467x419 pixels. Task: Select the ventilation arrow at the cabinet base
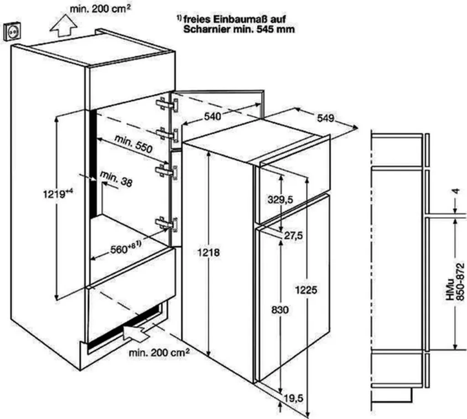point(136,332)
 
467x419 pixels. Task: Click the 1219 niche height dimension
point(58,194)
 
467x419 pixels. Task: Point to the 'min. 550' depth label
point(134,144)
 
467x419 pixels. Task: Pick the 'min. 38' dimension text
point(116,179)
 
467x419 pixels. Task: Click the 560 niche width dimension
point(125,248)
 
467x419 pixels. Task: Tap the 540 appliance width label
point(213,116)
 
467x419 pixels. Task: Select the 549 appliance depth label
point(325,118)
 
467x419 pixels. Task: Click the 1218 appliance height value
point(208,253)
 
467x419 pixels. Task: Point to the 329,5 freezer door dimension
point(280,200)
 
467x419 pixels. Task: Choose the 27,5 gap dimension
point(293,236)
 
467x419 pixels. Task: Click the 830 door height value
point(280,310)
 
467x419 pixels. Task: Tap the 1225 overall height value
point(306,290)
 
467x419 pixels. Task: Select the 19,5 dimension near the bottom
point(293,398)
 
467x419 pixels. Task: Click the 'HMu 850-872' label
point(456,281)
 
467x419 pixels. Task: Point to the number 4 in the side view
point(457,191)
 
